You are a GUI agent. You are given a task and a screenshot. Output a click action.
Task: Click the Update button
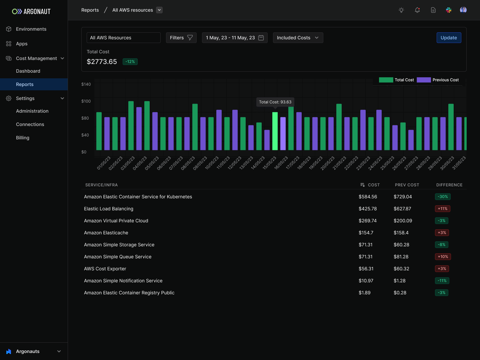[449, 38]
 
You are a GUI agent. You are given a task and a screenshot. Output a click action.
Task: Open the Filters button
[181, 38]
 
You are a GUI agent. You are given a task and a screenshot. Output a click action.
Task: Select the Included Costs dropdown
[298, 38]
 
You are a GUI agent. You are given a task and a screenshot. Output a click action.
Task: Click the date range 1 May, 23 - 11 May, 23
[234, 38]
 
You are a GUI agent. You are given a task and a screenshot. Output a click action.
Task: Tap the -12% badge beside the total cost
[130, 62]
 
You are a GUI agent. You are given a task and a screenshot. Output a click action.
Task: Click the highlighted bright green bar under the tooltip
[275, 131]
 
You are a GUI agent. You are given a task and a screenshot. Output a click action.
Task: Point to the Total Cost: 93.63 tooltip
[275, 102]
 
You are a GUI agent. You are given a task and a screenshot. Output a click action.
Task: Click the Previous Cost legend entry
[438, 80]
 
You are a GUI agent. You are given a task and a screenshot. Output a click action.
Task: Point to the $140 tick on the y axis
[86, 84]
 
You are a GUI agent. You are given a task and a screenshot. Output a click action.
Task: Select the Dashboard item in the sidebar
[28, 71]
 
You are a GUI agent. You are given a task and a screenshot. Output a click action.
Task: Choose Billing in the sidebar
[23, 138]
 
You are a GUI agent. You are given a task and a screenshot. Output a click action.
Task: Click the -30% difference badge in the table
[443, 197]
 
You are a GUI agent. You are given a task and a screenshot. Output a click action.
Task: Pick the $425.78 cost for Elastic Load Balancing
[368, 209]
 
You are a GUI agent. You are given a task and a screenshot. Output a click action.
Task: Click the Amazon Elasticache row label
[106, 233]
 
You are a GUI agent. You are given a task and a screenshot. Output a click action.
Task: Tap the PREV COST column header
[407, 185]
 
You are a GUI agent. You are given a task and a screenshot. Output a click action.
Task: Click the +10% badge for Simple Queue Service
[443, 257]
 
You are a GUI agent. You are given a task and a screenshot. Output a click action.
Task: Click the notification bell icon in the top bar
[417, 10]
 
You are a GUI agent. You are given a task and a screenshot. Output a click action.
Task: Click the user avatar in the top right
[463, 10]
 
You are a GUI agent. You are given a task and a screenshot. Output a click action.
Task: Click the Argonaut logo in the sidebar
[31, 11]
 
